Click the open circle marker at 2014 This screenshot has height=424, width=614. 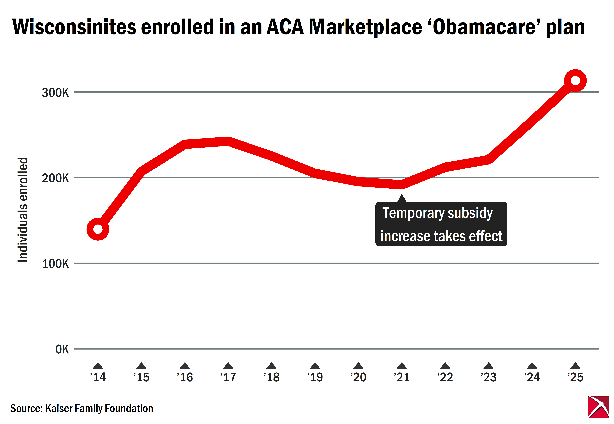(x=98, y=229)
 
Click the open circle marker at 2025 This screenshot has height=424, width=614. (x=575, y=80)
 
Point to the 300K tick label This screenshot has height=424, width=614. (x=55, y=93)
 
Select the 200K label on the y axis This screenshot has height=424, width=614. (x=55, y=178)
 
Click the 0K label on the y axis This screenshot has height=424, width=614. (x=62, y=349)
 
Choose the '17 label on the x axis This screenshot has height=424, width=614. (x=228, y=377)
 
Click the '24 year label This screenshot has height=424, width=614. (x=532, y=377)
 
